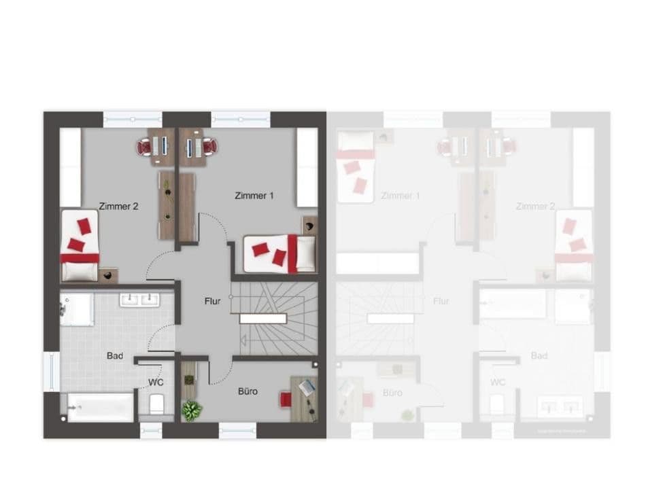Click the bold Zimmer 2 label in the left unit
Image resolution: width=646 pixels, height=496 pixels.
point(118,206)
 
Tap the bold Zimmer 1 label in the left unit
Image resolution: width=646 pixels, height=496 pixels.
point(254,196)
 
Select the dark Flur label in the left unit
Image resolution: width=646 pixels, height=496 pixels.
point(212,301)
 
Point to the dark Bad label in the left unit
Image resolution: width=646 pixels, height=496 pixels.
point(114,355)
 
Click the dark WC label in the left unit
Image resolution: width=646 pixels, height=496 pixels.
point(156,383)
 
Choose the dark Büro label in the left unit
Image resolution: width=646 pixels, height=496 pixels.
point(248,391)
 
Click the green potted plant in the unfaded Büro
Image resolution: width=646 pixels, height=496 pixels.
point(192,410)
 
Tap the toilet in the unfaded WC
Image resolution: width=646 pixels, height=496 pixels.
point(156,404)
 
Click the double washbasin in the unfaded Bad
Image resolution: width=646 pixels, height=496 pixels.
point(139,300)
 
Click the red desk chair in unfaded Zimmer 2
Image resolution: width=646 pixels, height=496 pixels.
point(144,146)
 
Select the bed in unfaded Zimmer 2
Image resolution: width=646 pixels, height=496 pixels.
point(80,245)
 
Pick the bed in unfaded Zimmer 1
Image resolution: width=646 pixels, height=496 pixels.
point(279,253)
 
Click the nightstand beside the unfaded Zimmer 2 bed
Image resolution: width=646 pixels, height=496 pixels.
point(108,275)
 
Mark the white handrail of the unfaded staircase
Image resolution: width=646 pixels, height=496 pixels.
point(262,319)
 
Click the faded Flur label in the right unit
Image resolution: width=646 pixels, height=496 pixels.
point(441,301)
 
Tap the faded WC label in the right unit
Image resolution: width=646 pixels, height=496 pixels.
point(498,383)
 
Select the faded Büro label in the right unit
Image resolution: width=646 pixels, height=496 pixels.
point(392,393)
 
